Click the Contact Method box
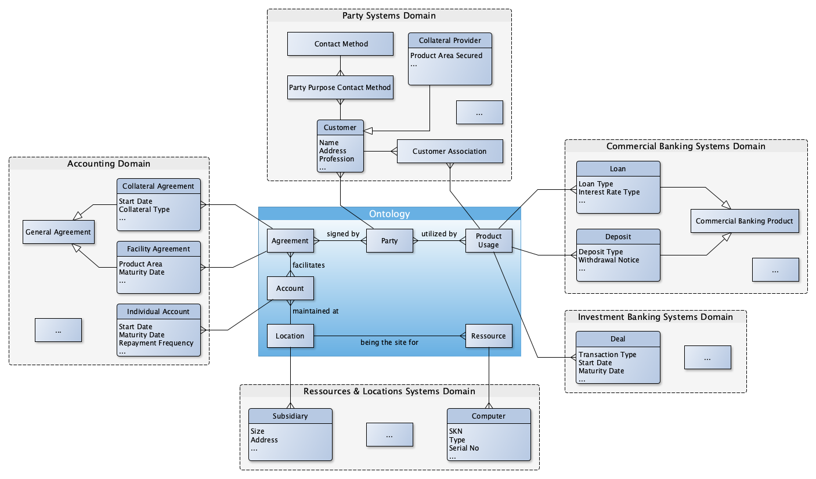(341, 44)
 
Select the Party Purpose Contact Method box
(340, 88)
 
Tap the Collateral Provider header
(450, 40)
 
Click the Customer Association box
(449, 152)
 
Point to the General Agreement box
(58, 232)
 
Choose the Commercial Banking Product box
(744, 221)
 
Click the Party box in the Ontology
(389, 241)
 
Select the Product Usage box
(489, 240)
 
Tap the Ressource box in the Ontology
(489, 336)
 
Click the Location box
(290, 336)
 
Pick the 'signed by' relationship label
(343, 234)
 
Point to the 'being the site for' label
(389, 343)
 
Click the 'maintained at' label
(316, 311)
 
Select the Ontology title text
(389, 214)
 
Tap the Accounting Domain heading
(109, 164)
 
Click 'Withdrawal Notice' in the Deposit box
(609, 260)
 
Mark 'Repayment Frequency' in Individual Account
(156, 343)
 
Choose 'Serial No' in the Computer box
(464, 448)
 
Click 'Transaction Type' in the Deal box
(607, 355)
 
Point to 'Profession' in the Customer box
(337, 159)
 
